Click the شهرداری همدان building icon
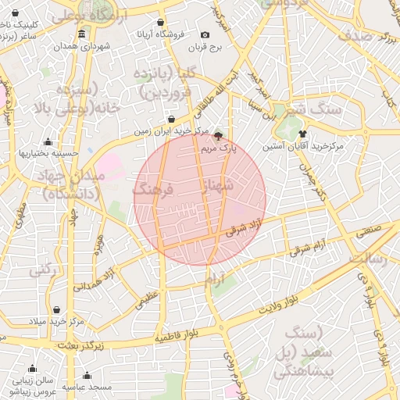click(83, 34)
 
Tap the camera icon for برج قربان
click(205, 34)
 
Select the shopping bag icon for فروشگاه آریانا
click(161, 23)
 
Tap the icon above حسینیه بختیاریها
click(48, 142)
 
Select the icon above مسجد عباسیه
click(86, 376)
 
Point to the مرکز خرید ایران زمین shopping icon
click(171, 120)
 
